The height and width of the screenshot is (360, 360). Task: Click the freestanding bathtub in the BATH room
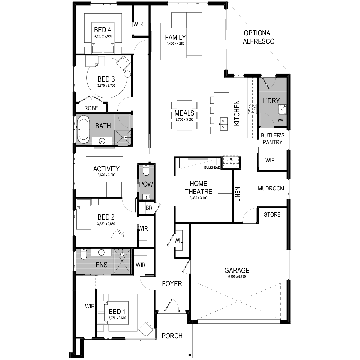(x=83, y=129)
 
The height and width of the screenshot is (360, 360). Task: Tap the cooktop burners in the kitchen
(x=252, y=109)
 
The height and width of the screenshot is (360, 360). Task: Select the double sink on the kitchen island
(x=223, y=124)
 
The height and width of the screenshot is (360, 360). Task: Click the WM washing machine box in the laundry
(x=280, y=121)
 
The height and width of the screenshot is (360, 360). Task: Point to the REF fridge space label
(x=232, y=159)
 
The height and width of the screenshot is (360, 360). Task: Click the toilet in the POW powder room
(x=146, y=170)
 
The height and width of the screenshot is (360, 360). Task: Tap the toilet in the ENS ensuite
(x=83, y=254)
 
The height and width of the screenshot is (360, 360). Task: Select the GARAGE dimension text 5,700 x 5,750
(x=237, y=277)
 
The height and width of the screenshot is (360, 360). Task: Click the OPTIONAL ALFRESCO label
(x=259, y=37)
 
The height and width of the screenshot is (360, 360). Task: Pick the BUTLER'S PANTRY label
(x=273, y=139)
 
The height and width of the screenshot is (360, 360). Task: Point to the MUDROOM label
(x=271, y=188)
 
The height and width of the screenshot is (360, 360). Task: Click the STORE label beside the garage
(x=272, y=214)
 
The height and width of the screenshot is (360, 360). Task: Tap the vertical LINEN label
(x=237, y=194)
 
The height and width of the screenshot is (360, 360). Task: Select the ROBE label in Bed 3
(x=91, y=108)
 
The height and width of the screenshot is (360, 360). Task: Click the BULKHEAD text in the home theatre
(x=212, y=167)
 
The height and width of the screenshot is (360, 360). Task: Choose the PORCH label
(x=172, y=336)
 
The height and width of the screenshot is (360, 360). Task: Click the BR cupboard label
(x=149, y=208)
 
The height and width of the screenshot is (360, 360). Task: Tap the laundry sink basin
(x=282, y=109)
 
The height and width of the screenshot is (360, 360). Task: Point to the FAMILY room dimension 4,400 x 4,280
(x=175, y=43)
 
